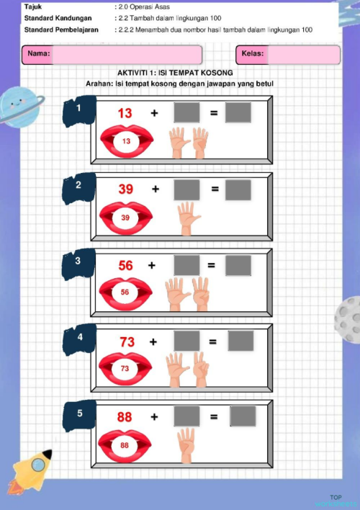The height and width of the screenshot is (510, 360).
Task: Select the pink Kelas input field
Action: click(302, 55)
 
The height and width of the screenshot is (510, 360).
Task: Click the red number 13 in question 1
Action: click(125, 113)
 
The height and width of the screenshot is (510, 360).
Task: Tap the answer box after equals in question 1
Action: click(238, 113)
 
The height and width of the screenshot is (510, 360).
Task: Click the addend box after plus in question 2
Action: click(187, 189)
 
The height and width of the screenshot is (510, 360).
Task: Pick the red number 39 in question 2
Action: click(126, 189)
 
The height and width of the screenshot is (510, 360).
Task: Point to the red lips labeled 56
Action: click(125, 292)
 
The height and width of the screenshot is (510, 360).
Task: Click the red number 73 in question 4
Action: click(127, 342)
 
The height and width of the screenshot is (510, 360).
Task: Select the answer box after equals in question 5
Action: click(243, 416)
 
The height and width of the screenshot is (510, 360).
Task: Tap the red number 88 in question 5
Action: click(125, 416)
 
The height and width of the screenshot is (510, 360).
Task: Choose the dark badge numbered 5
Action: click(81, 413)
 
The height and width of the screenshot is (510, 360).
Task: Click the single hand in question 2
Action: click(187, 218)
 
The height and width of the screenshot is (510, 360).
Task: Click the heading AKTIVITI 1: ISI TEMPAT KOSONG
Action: click(175, 73)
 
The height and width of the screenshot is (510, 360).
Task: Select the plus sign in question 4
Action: click(153, 342)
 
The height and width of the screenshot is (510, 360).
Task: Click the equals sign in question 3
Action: click(212, 265)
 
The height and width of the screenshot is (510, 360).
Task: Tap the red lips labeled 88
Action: click(125, 445)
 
